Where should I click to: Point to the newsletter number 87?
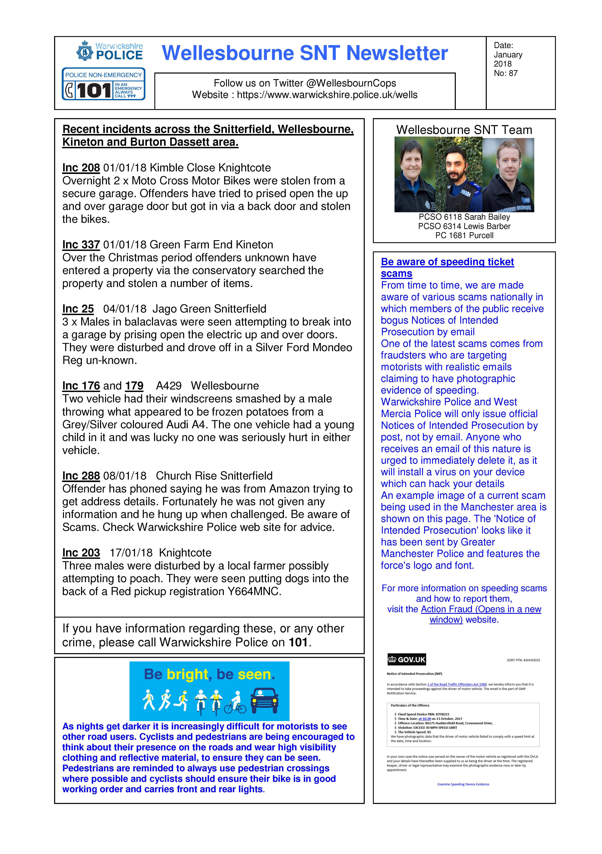pos(513,73)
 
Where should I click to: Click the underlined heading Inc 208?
pos(81,168)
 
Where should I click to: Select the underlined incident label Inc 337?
pos(81,245)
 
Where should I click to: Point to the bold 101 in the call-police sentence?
pos(298,642)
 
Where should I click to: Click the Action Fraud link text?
pos(481,609)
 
